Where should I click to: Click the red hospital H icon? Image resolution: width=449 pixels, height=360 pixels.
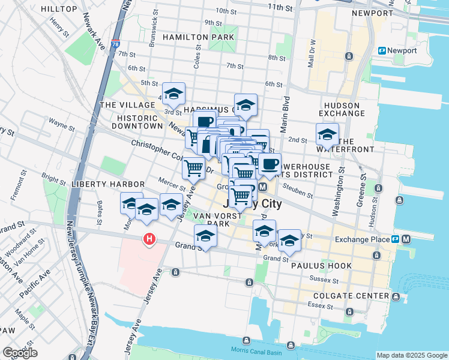[148, 240]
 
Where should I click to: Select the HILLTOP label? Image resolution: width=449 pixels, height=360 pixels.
[58, 9]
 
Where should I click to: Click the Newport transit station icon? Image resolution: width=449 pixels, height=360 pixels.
[382, 50]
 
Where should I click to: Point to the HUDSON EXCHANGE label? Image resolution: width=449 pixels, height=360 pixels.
[340, 109]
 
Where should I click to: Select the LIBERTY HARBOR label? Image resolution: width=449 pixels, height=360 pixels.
[107, 184]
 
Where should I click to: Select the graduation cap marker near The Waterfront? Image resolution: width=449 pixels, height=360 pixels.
[327, 134]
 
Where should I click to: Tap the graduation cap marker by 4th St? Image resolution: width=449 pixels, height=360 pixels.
[173, 94]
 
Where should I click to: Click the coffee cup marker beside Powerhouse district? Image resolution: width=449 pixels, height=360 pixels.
[270, 164]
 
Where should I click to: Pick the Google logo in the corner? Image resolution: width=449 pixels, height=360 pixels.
[20, 353]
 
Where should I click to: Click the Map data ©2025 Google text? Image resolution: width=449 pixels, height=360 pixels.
[412, 355]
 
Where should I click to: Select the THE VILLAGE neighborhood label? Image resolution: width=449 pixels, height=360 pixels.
[123, 104]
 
